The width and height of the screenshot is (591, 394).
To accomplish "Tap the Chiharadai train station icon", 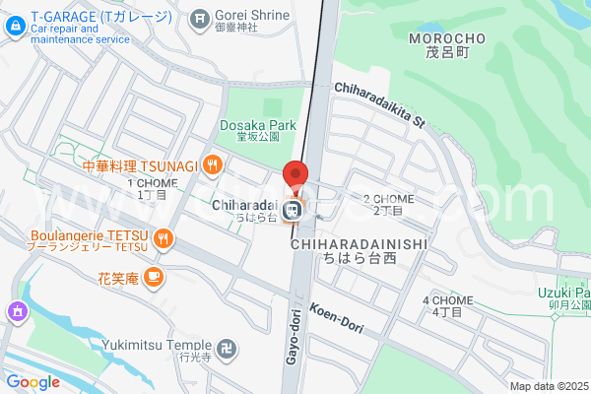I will tap(293, 210).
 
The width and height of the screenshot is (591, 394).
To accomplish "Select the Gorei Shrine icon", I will tap(200, 16).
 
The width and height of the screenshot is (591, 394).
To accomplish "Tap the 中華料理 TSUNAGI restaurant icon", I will tap(213, 164).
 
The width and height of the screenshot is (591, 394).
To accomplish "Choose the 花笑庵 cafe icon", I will tap(152, 279).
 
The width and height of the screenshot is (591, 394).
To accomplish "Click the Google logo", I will tap(33, 382).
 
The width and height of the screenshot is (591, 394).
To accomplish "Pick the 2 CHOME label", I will tap(388, 204).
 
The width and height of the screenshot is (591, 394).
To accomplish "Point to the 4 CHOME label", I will tap(447, 305).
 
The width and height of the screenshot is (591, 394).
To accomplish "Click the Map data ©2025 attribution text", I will tap(547, 386).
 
